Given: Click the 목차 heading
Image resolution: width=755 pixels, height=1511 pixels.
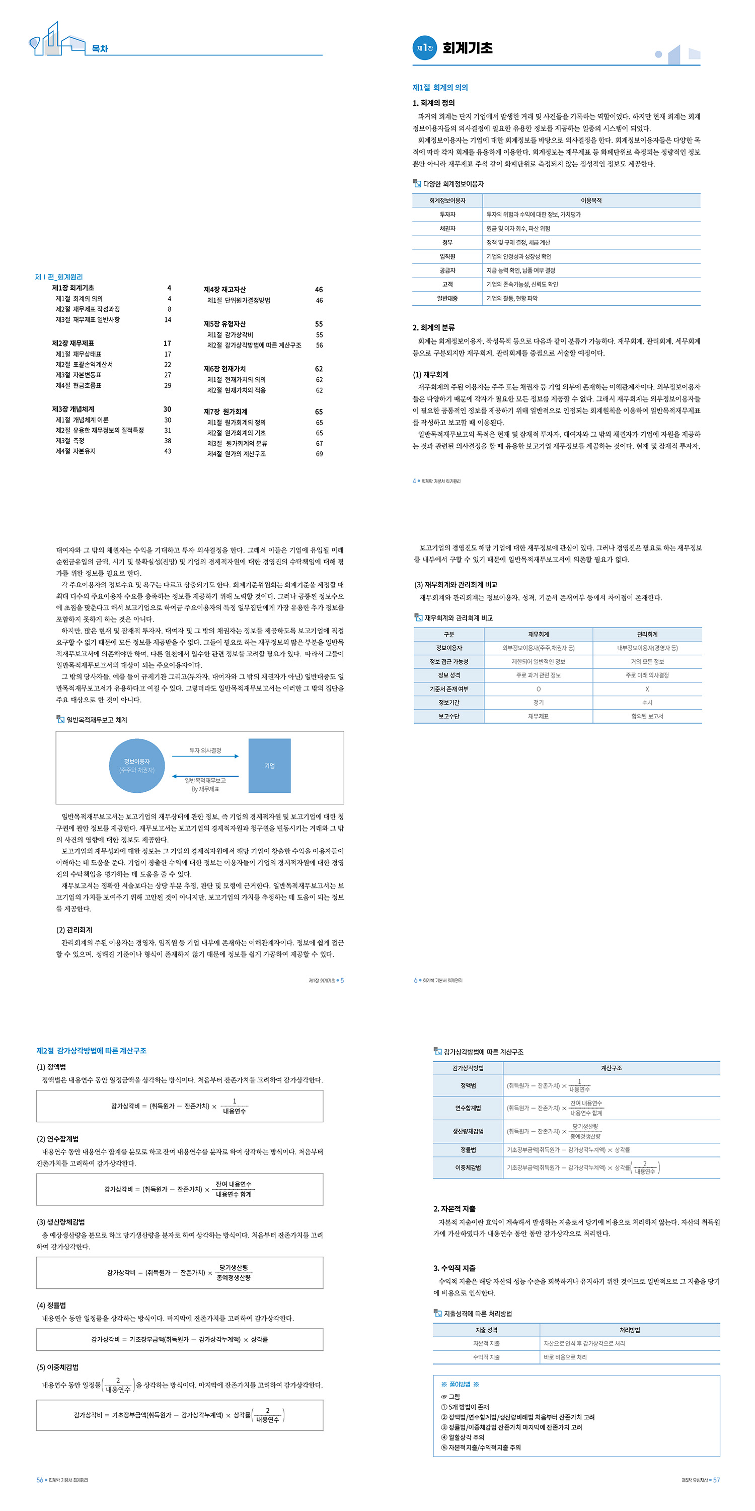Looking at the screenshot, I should pyautogui.click(x=100, y=49).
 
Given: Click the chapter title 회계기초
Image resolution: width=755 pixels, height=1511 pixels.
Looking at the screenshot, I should pyautogui.click(x=467, y=48).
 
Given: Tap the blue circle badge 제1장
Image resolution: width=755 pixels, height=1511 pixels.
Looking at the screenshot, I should pyautogui.click(x=425, y=48).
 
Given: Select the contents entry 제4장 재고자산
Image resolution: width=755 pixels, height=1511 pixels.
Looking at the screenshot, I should pyautogui.click(x=224, y=290).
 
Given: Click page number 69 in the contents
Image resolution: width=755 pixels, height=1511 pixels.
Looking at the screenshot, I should pyautogui.click(x=320, y=454).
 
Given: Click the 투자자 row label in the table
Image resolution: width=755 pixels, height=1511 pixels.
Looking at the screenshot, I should pyautogui.click(x=448, y=215).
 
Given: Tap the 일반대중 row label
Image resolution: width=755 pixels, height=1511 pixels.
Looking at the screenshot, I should pyautogui.click(x=448, y=299).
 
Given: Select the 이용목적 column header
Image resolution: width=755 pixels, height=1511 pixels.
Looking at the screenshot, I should pyautogui.click(x=591, y=200).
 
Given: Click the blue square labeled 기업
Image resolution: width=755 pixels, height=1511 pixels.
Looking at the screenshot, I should pyautogui.click(x=270, y=766).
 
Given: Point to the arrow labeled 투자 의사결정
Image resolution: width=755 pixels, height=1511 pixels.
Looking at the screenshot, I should pyautogui.click(x=205, y=756).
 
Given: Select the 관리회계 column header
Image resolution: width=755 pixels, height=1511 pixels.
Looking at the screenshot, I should pyautogui.click(x=647, y=634).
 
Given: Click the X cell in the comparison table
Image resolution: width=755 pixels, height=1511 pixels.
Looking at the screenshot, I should pyautogui.click(x=647, y=689).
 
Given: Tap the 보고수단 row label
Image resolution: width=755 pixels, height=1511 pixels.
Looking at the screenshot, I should pyautogui.click(x=449, y=716).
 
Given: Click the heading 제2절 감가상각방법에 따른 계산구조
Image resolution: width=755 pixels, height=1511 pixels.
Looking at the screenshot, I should pyautogui.click(x=92, y=1051).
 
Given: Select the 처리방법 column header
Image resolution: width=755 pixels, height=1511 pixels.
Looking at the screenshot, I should pyautogui.click(x=630, y=1330).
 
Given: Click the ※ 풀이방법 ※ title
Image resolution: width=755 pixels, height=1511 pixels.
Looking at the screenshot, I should pyautogui.click(x=460, y=1384).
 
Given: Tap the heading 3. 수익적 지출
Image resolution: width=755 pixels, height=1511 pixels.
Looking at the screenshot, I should pyautogui.click(x=455, y=1268).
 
